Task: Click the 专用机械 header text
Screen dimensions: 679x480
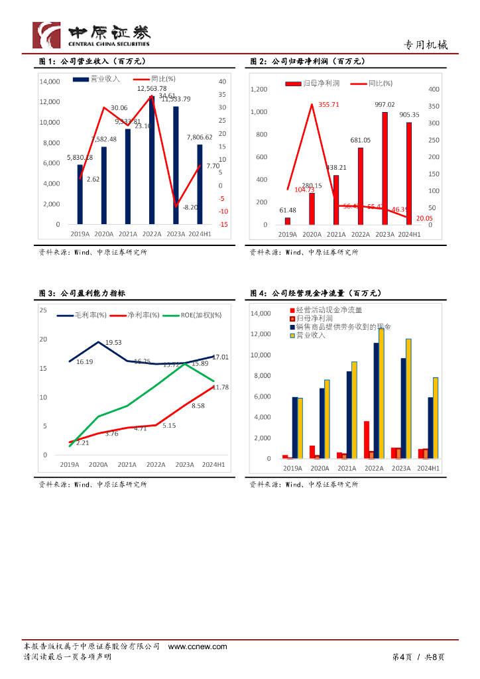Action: (x=426, y=45)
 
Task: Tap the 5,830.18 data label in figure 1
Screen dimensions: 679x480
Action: (x=80, y=157)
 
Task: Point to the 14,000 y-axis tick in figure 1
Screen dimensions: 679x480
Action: (x=50, y=82)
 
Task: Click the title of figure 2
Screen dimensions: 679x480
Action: (x=308, y=62)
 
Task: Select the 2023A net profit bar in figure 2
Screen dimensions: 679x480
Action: (x=385, y=168)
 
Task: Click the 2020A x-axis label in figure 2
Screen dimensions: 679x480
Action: (x=312, y=234)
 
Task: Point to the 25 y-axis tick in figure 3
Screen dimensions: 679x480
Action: (x=43, y=310)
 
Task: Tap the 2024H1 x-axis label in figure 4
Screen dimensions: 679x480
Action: (x=429, y=468)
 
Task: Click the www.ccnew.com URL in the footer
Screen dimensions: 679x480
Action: (x=198, y=647)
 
